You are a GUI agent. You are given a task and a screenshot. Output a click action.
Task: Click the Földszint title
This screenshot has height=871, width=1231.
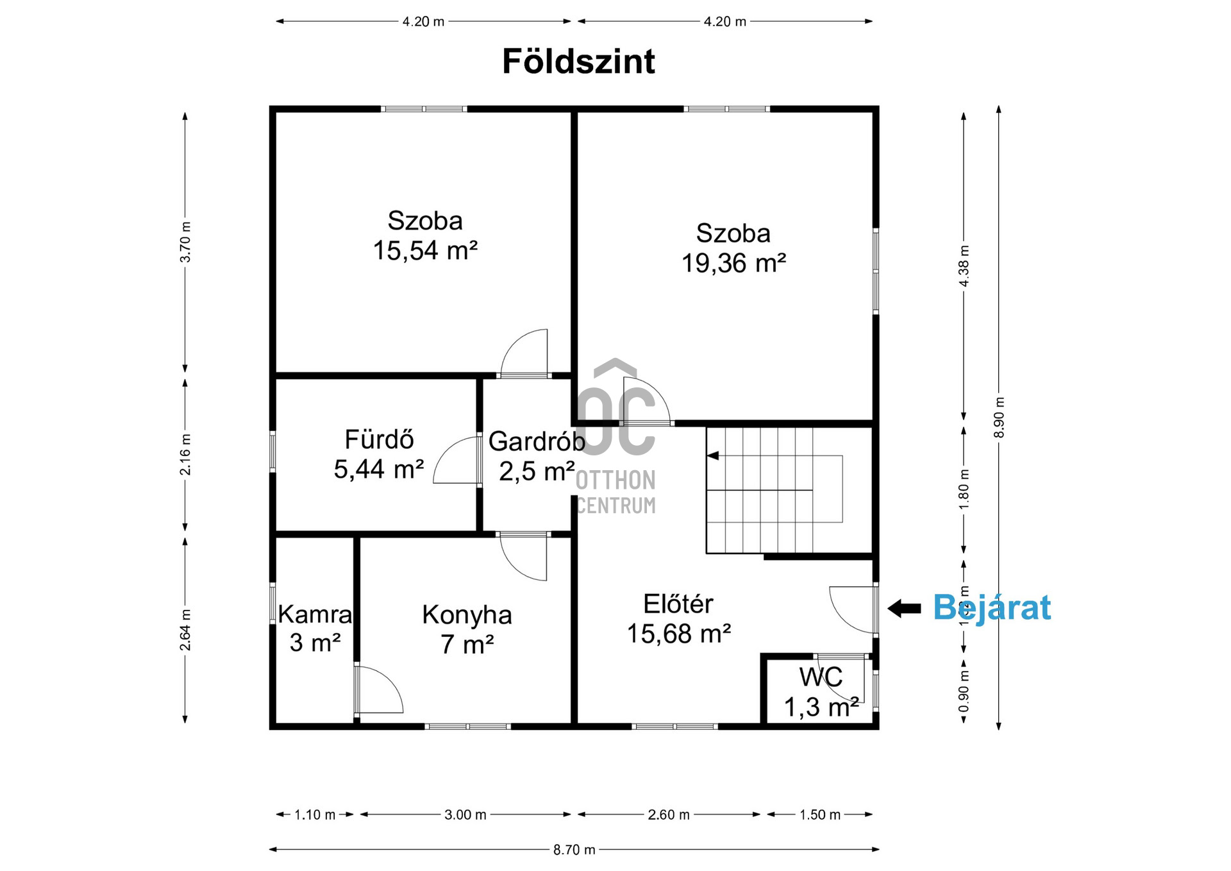click(x=578, y=62)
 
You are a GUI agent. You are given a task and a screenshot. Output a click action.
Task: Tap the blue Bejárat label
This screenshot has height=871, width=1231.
click(x=991, y=607)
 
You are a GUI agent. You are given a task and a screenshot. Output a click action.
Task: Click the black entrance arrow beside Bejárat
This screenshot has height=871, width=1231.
click(x=904, y=608)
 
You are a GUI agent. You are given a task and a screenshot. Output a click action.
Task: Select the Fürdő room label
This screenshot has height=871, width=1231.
click(x=379, y=440)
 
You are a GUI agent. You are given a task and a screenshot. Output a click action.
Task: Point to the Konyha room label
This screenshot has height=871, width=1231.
click(x=467, y=615)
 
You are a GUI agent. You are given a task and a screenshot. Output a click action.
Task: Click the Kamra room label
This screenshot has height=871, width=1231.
click(x=315, y=614)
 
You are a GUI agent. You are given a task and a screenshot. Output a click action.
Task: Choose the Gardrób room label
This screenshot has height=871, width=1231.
click(x=537, y=441)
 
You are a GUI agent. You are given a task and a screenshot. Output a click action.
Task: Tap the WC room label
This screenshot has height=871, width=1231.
click(x=821, y=677)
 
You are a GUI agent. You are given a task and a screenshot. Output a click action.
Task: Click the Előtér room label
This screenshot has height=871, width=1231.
click(x=678, y=604)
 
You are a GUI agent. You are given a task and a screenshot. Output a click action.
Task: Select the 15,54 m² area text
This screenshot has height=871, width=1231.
click(x=425, y=251)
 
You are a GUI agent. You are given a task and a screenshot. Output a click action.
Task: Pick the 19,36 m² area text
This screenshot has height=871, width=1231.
click(x=733, y=263)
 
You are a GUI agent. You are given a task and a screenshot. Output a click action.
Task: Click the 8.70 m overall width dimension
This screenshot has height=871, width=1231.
click(x=574, y=850)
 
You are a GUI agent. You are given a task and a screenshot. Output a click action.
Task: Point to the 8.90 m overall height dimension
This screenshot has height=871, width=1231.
click(x=999, y=418)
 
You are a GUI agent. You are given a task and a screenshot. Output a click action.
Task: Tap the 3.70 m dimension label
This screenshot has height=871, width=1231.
click(x=185, y=242)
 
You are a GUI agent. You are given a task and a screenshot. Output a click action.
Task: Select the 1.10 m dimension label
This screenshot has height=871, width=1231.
click(x=315, y=815)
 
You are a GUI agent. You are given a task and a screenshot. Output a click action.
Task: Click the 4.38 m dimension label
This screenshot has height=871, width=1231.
click(x=964, y=266)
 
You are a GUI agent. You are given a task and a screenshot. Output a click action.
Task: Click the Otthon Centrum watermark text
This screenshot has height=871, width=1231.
click(x=615, y=493)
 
